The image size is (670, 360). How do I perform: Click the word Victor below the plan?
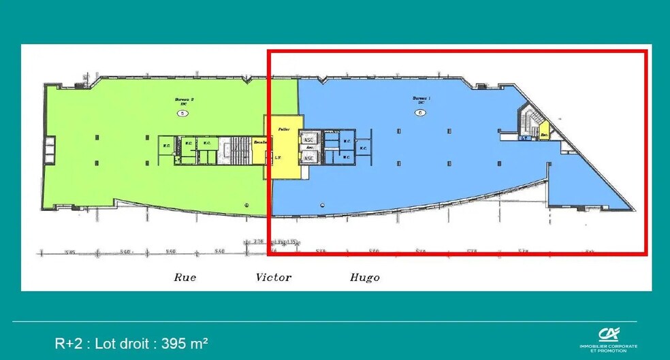[274, 277]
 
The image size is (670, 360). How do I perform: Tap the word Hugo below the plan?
[364, 277]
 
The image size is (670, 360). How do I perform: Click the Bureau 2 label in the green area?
[184, 99]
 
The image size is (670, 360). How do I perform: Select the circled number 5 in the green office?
[182, 113]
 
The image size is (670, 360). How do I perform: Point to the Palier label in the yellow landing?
[285, 128]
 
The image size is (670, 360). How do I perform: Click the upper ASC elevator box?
[308, 138]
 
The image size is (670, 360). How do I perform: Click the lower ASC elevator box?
[308, 158]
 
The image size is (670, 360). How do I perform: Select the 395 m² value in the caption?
[185, 343]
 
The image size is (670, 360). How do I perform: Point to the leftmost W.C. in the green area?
[165, 144]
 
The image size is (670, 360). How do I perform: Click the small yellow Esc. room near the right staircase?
[544, 133]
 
